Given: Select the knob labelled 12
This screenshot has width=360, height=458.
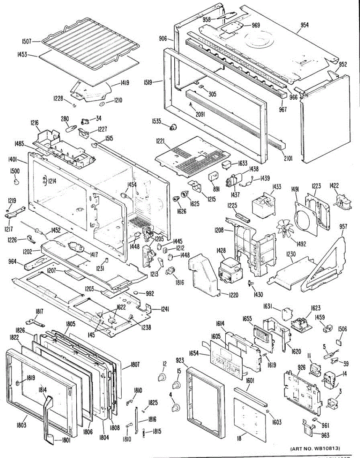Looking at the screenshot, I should [162, 377].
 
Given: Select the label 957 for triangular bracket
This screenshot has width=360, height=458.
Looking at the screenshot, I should [343, 227].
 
